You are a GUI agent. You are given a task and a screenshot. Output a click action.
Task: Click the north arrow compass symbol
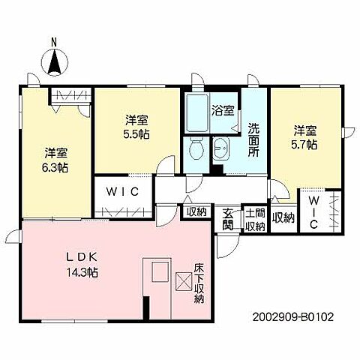54,61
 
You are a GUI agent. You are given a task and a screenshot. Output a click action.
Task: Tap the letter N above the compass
54,43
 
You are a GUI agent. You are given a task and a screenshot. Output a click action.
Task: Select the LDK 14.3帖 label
82,265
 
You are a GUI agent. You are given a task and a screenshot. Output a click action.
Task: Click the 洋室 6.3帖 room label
55,160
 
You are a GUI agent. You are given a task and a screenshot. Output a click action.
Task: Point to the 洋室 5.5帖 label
136,127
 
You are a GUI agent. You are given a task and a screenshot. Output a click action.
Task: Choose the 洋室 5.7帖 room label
304,137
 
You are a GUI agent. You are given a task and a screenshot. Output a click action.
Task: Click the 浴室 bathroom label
223,110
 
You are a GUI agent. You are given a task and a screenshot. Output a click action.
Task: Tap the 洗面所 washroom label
253,140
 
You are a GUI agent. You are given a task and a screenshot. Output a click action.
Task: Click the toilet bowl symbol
196,148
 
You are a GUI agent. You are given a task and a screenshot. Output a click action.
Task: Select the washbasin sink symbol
221,148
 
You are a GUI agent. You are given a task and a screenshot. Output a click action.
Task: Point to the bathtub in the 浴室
197,113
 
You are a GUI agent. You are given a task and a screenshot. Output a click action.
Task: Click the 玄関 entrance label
228,219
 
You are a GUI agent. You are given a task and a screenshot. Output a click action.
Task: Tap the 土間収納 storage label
255,219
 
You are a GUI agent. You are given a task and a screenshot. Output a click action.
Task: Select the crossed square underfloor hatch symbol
184,281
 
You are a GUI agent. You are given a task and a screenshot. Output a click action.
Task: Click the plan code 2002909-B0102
293,317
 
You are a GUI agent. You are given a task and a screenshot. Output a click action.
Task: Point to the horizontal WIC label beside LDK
122,192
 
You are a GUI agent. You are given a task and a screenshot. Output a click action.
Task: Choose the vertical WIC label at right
313,212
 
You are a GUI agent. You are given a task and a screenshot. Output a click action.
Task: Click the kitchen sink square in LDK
160,272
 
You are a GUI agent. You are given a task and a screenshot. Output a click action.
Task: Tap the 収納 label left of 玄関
197,212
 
